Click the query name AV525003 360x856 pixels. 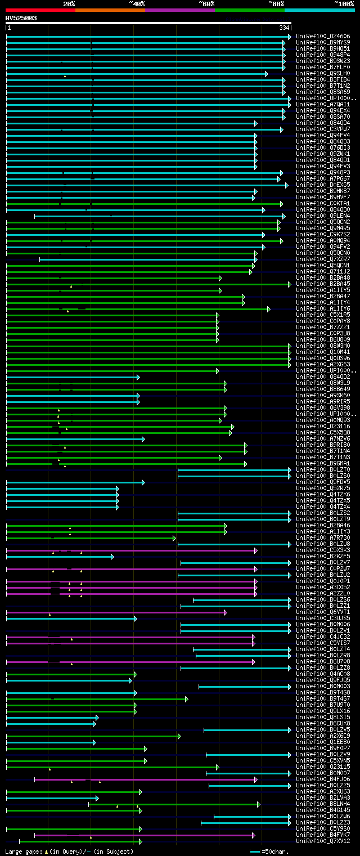[21, 18]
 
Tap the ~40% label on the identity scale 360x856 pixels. [137, 4]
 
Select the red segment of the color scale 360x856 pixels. [40, 10]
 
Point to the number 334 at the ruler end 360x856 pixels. [284, 28]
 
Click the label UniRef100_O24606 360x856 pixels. [323, 36]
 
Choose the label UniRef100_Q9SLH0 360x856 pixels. [323, 73]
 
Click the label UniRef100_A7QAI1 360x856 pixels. [323, 104]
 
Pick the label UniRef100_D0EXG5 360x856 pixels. [323, 185]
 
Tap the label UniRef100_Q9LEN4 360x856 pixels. [323, 216]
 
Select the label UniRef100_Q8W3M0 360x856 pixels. [323, 346]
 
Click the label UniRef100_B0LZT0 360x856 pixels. [323, 469]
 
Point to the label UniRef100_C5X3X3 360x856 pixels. [323, 550]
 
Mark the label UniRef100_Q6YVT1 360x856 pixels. [323, 612]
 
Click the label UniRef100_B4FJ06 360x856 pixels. [323, 779]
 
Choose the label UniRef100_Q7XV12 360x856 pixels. [323, 841]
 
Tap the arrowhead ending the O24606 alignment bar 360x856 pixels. [290, 37]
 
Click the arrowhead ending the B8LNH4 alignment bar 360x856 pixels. [259, 804]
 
